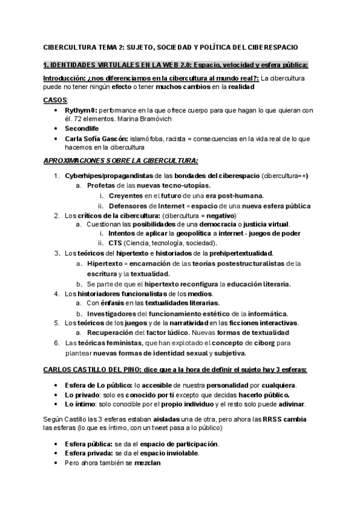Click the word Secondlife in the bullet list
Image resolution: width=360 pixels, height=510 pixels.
click(x=82, y=128)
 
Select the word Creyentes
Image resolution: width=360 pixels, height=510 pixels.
click(x=127, y=195)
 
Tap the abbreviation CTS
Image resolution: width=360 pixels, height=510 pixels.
click(x=115, y=243)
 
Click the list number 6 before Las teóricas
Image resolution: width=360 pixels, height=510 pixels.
click(x=55, y=342)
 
